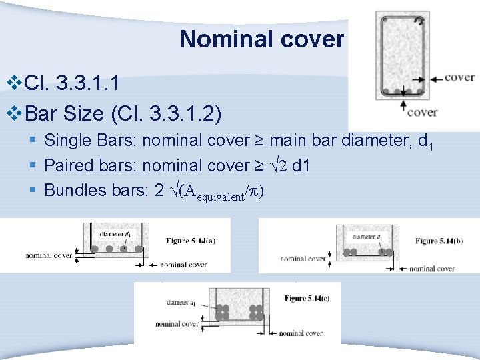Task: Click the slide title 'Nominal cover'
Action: tap(261, 39)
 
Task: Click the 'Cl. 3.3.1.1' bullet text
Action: tap(72, 83)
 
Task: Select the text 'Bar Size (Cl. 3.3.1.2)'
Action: tap(123, 113)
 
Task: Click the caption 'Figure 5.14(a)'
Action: tap(191, 241)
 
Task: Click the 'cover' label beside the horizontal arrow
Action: tap(459, 77)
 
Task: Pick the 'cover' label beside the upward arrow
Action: tap(421, 112)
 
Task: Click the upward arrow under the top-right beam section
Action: tap(402, 106)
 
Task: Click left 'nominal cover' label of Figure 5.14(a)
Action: tap(49, 255)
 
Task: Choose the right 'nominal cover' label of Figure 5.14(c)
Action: tap(301, 333)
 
